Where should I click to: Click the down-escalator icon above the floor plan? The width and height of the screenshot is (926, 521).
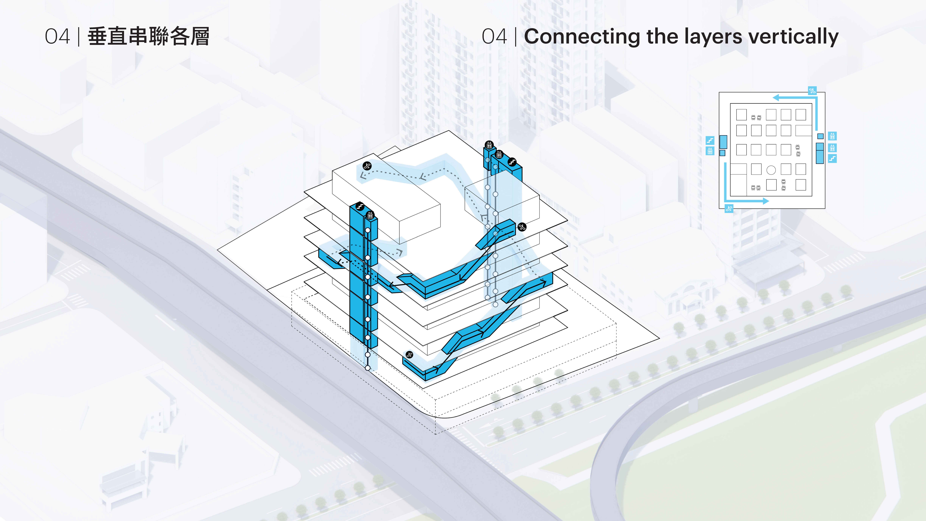click(812, 90)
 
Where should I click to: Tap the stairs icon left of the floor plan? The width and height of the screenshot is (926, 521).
click(710, 140)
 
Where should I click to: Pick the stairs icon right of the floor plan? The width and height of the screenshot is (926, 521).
click(832, 158)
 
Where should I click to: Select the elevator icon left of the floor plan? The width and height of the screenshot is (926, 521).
click(710, 151)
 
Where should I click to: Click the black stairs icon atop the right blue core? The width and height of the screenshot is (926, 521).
click(512, 163)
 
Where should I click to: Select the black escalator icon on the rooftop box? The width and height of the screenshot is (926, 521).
click(367, 166)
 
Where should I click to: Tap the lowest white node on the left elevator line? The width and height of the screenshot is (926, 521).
click(367, 368)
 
